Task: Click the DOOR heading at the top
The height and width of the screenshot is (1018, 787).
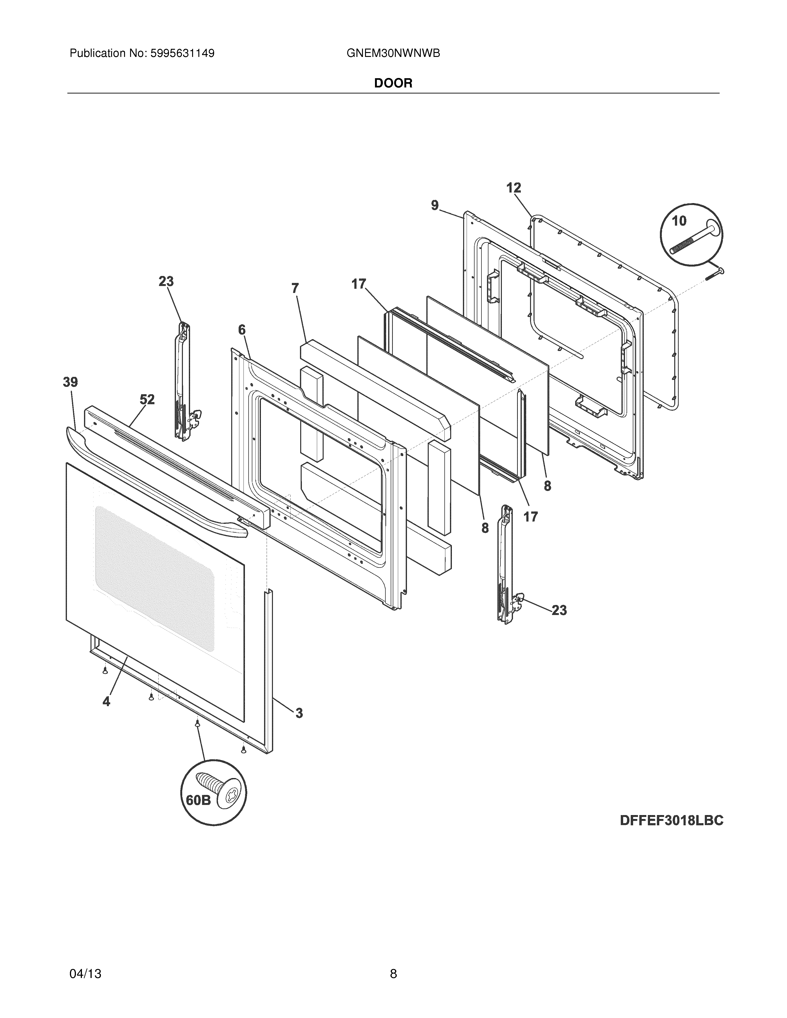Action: tap(393, 84)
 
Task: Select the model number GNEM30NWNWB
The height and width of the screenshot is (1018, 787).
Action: tap(393, 54)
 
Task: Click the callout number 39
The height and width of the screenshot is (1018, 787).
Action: tap(70, 382)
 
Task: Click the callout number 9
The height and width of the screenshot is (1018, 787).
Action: tap(434, 205)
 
